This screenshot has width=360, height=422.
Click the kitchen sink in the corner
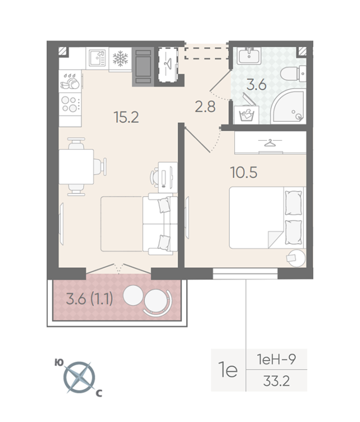pos(97,59)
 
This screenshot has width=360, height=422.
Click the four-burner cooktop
pos(70,104)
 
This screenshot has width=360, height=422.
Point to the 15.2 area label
pos(126,117)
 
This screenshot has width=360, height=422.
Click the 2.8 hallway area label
pos(205,107)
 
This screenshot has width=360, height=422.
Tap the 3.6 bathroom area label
pos(257,85)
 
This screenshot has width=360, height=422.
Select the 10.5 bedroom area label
pos(244,172)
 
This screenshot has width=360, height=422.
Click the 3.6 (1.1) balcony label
pos(90,299)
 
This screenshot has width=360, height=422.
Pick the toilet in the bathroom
pos(293,73)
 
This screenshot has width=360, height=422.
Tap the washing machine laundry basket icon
pos(247,114)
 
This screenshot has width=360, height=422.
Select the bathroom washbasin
pos(249,56)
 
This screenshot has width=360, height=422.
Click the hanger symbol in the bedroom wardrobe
pos(270,142)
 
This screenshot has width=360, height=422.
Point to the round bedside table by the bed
pos(296,258)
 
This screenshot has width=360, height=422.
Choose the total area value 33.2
pos(277,381)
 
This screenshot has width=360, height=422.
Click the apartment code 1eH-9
pos(276,359)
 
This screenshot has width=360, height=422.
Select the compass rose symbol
pos(79,377)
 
